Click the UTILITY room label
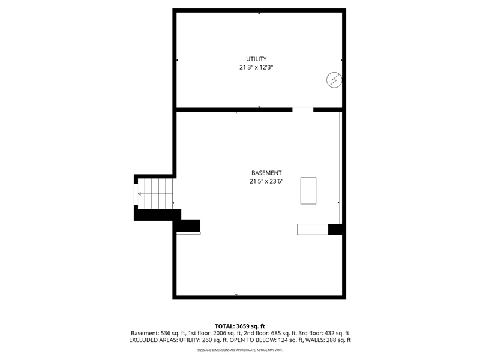[256, 59]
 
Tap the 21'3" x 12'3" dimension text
[256, 67]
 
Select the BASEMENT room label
[266, 173]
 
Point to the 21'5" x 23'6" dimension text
[266, 181]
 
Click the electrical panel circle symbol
[334, 80]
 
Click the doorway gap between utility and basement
[303, 110]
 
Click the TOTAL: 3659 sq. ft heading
[239, 326]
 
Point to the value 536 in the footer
[166, 333]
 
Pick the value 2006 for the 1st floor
[219, 333]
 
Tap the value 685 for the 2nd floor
[276, 333]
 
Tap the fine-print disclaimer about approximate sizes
[239, 350]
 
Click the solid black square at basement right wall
[335, 230]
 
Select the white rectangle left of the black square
[313, 230]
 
